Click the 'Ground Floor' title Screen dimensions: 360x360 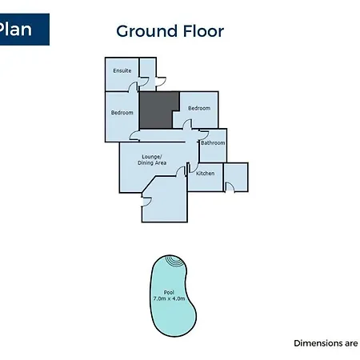point(170,31)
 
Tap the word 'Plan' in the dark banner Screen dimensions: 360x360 point(15,29)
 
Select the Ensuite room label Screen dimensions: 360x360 point(122,70)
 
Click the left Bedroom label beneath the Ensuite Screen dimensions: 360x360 point(122,113)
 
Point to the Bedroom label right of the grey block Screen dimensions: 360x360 point(199,108)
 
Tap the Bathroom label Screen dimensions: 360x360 point(213,143)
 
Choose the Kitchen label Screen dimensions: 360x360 point(205,174)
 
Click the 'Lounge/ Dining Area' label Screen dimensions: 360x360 point(152,160)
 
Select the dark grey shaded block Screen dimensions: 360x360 point(159,110)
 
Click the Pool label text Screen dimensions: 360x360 point(169,293)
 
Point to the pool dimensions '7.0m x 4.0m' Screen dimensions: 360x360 point(169,298)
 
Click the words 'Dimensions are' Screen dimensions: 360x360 point(326,343)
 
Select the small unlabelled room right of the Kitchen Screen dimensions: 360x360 point(236,177)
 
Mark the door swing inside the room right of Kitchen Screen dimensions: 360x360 point(230,186)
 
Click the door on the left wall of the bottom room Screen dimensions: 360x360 point(146,202)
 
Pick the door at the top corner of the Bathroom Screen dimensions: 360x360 point(204,134)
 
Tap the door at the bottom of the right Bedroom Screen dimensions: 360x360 point(187,124)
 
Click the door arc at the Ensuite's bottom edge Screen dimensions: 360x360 point(133,87)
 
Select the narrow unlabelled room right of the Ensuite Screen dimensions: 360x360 point(148,74)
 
